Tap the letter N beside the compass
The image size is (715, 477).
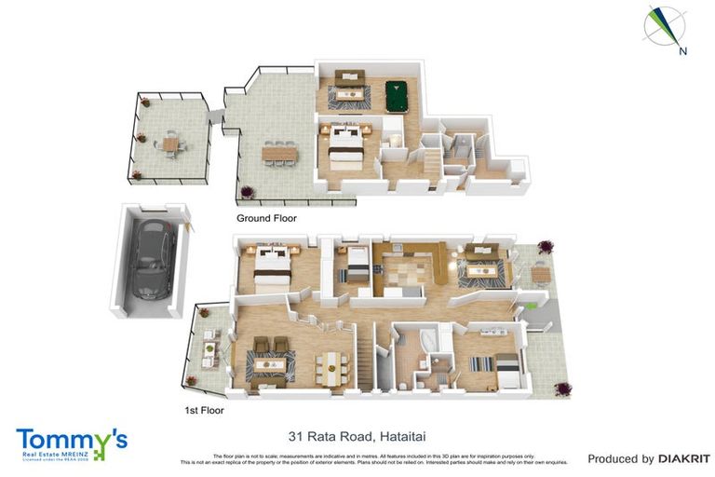pyautogui.click(x=682, y=52)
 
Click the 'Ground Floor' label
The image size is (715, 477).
pyautogui.click(x=266, y=218)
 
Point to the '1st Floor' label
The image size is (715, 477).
pyautogui.click(x=204, y=409)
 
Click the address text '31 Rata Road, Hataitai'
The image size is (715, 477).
pyautogui.click(x=357, y=436)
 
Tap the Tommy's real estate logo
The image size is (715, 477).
pyautogui.click(x=71, y=443)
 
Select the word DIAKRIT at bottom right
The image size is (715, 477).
pyautogui.click(x=684, y=458)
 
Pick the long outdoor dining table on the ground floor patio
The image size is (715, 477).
pyautogui.click(x=279, y=150)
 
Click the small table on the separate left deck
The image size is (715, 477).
pyautogui.click(x=169, y=144)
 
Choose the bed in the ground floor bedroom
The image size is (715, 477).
pyautogui.click(x=344, y=144)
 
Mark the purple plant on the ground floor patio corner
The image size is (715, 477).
pyautogui.click(x=248, y=193)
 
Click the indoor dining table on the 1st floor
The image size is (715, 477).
pyautogui.click(x=330, y=366)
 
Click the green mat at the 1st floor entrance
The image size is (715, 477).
pyautogui.click(x=528, y=305)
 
